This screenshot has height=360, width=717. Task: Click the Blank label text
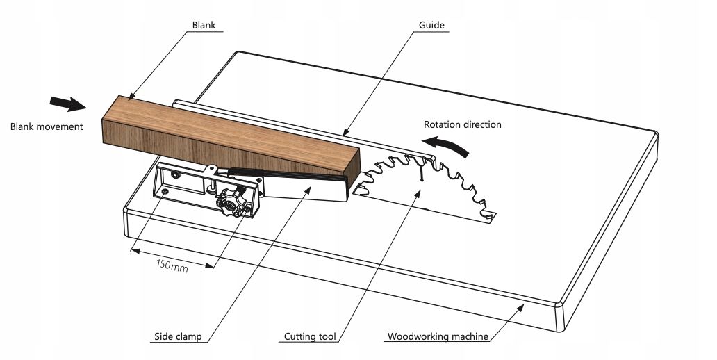pos(204,26)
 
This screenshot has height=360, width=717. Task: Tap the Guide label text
pos(431,26)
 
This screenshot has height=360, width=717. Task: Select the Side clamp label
pos(177,337)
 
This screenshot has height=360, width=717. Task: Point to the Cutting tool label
pos(310,337)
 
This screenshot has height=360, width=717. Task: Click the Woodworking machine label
pos(438,337)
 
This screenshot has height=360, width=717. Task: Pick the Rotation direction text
pos(463,125)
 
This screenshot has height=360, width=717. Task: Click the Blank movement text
pos(47,126)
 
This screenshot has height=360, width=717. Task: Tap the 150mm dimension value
pos(172,265)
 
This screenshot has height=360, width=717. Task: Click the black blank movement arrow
pos(68,104)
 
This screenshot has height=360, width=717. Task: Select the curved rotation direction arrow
pos(449,145)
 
